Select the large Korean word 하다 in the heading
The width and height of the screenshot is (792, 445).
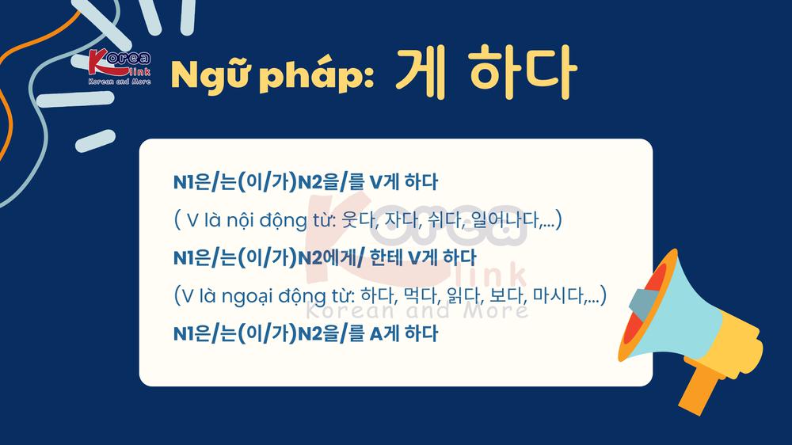click(x=523, y=71)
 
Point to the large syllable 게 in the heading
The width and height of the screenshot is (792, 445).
click(x=421, y=71)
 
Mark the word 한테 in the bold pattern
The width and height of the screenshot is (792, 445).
click(x=386, y=258)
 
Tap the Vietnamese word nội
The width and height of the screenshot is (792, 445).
click(x=240, y=221)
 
